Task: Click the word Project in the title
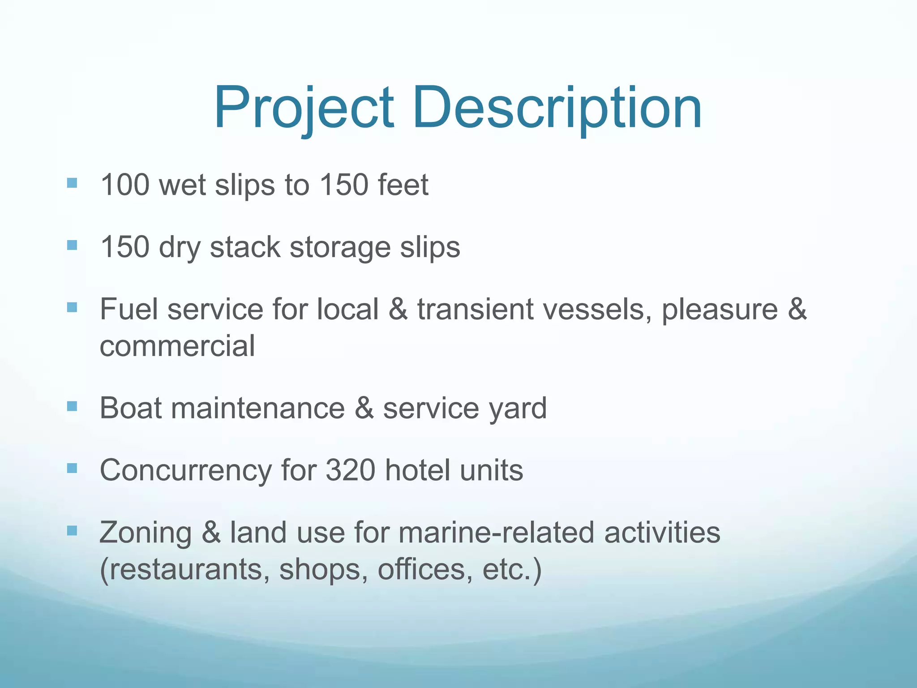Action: (x=304, y=108)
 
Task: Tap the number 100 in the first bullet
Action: (x=125, y=185)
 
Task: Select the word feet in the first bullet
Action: (x=403, y=185)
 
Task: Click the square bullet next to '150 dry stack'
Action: (x=72, y=245)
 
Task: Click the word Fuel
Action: (x=129, y=309)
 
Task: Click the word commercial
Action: (x=177, y=346)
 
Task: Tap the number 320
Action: (x=350, y=470)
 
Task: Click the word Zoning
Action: (x=146, y=533)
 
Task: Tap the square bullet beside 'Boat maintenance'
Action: (x=72, y=406)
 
